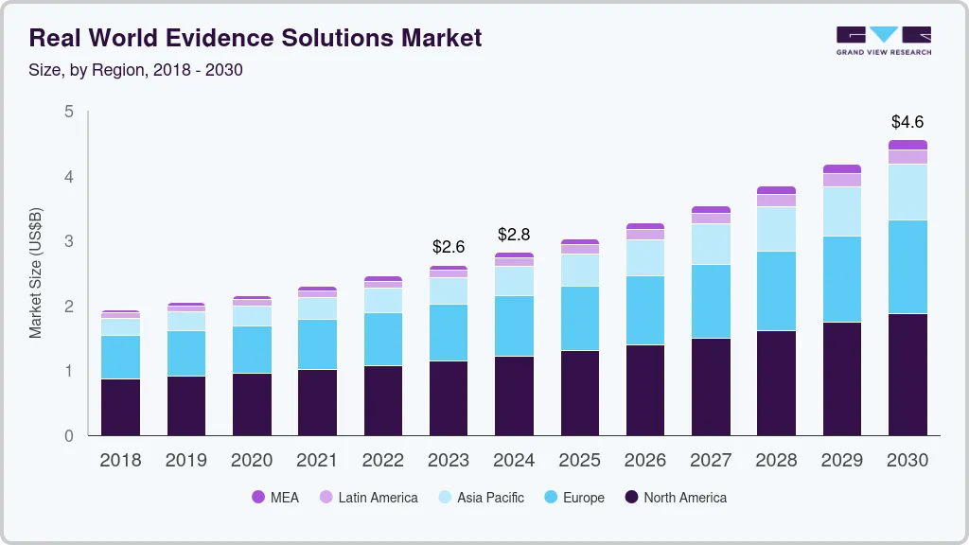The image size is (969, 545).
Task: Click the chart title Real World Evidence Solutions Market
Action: click(255, 38)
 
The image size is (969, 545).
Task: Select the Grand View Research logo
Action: click(884, 40)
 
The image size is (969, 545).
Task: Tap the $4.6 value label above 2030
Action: click(907, 122)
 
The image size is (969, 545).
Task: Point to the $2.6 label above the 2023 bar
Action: click(449, 247)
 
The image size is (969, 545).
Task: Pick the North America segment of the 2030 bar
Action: click(907, 375)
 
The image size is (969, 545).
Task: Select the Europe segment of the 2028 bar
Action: click(776, 290)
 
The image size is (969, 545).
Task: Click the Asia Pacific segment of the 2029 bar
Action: click(842, 211)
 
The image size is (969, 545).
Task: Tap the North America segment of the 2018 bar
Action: click(120, 407)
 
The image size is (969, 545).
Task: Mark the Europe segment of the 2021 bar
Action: click(317, 344)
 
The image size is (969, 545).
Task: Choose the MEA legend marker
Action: click(258, 498)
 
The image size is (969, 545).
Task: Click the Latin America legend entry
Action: click(368, 498)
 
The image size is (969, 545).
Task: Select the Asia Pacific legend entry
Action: click(480, 498)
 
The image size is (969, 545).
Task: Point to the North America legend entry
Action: click(675, 498)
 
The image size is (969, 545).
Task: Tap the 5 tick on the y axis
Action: click(68, 112)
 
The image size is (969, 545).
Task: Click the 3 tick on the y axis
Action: click(68, 241)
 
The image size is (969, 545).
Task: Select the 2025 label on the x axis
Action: click(579, 461)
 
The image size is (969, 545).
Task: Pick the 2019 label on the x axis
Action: click(186, 461)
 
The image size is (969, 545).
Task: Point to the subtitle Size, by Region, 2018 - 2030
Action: click(136, 70)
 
